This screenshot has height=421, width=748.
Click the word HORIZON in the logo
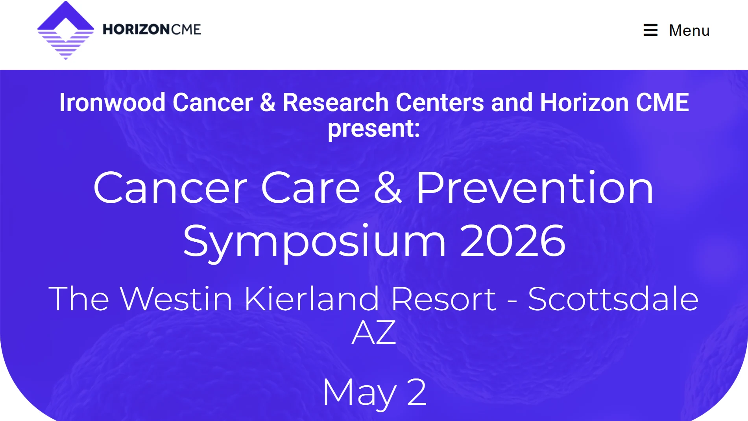[x=136, y=30]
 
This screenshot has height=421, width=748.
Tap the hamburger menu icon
[x=650, y=30]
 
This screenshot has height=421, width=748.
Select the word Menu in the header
[x=689, y=30]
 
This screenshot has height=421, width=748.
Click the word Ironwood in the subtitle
[x=112, y=102]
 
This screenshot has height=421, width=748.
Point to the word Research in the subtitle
[x=336, y=102]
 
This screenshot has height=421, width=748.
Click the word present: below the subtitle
[x=374, y=128]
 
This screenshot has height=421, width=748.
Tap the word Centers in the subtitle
[x=440, y=102]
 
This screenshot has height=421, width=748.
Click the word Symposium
[x=314, y=241]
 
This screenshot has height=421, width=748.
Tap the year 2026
[x=512, y=241]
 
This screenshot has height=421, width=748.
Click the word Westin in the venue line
[x=176, y=299]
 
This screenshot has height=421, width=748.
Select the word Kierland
[x=312, y=299]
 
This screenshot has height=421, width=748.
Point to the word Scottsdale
[x=613, y=299]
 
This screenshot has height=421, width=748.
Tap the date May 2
[x=374, y=392]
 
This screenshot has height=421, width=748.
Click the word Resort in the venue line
[x=443, y=299]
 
